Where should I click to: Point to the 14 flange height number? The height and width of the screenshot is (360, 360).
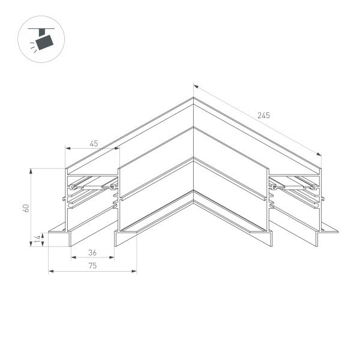[37, 239]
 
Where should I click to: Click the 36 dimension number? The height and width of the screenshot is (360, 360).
[92, 253]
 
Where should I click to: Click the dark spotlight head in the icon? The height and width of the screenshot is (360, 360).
[44, 42]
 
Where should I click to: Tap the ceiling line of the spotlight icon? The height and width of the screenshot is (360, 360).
[43, 28]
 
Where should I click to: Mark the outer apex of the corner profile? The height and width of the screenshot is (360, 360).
[193, 98]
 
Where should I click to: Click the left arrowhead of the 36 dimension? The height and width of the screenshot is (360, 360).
[73, 258]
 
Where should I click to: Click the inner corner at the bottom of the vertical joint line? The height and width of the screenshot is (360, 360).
[193, 192]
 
